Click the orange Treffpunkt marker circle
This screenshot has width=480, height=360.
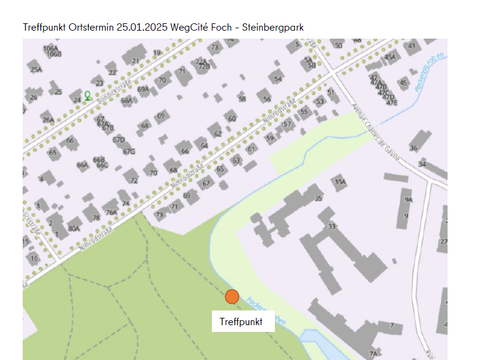[x=232, y=296]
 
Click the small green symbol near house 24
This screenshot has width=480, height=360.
[x=87, y=96]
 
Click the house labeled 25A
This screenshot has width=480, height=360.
[x=36, y=69]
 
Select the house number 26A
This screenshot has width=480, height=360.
[x=48, y=119]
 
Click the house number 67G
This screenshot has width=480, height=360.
[x=129, y=152]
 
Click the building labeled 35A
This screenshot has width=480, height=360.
[x=340, y=181]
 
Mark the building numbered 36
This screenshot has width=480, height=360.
[x=423, y=163]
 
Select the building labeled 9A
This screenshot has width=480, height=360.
[x=407, y=199]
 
